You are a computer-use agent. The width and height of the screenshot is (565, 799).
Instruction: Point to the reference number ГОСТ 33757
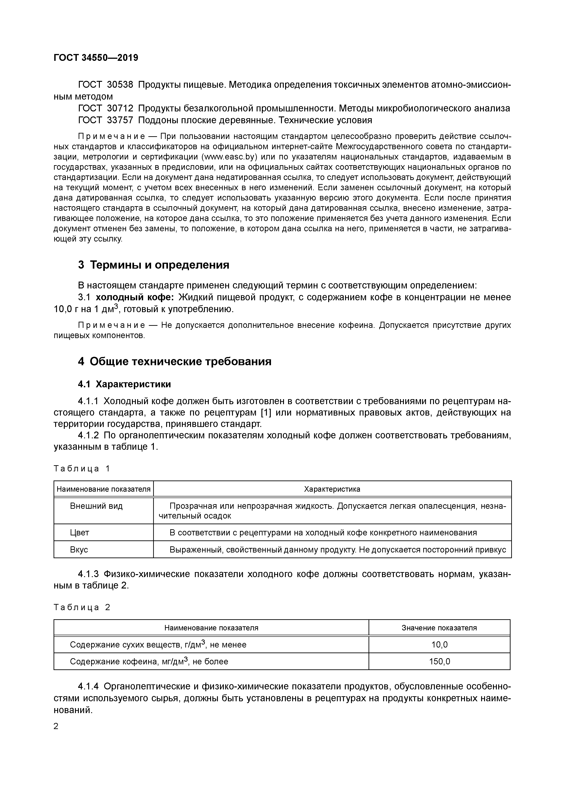coord(106,120)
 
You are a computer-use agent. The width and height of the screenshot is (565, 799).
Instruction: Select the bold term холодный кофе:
coord(135,297)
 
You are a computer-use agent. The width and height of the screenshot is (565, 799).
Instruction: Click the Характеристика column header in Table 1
coord(332,489)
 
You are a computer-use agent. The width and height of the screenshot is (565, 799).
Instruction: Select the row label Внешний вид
coord(96,506)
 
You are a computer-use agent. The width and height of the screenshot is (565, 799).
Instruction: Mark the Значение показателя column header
coord(439,628)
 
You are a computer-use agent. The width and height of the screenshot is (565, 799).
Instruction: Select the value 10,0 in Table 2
coord(439,645)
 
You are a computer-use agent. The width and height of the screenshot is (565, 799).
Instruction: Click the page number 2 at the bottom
coord(56,726)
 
